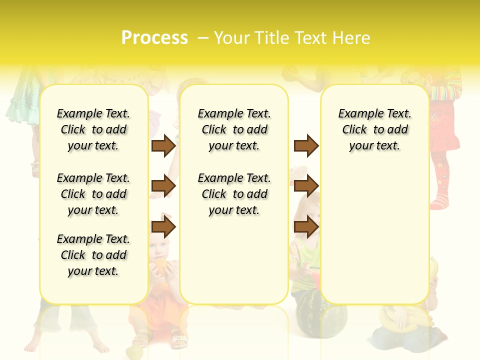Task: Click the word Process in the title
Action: (154, 38)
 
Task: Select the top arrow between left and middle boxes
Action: (163, 145)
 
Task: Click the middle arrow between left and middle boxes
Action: (163, 186)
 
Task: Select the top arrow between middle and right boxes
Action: (306, 145)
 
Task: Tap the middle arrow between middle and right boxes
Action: (306, 186)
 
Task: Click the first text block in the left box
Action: (93, 129)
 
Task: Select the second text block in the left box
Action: (93, 194)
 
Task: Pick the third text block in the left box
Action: (93, 255)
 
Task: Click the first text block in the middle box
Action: (234, 129)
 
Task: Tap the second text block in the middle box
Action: (234, 194)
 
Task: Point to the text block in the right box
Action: (374, 129)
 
